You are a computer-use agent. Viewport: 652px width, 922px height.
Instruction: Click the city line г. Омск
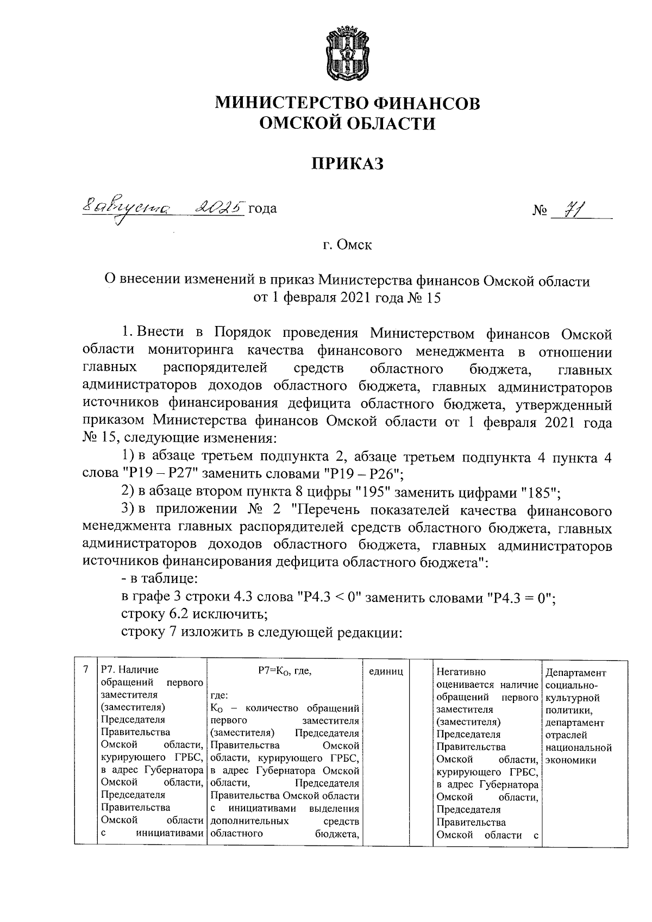click(348, 245)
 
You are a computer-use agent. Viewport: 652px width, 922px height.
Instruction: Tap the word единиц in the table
click(386, 672)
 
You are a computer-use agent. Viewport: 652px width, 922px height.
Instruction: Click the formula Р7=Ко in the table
click(285, 671)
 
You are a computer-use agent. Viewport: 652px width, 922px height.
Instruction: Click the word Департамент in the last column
click(576, 673)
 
